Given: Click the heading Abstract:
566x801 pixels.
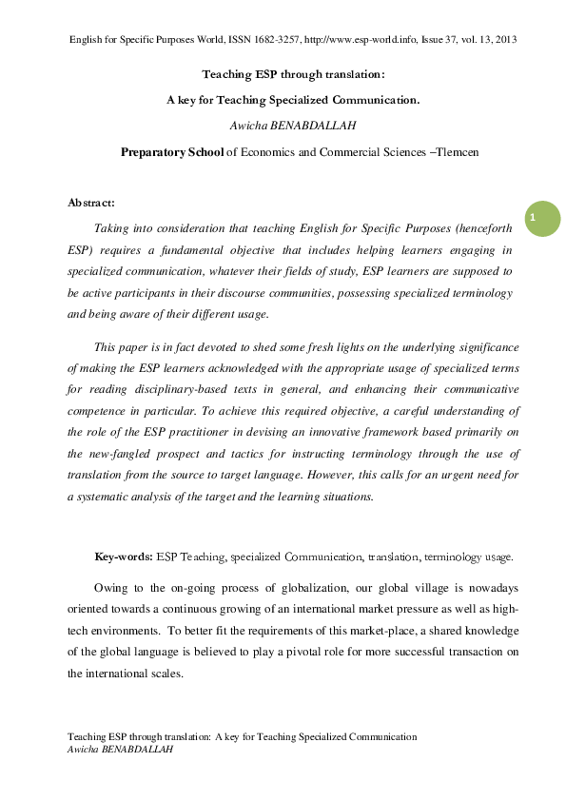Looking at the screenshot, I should click(91, 203).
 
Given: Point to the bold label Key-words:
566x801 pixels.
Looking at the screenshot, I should click(124, 557).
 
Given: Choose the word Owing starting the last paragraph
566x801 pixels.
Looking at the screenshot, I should click(112, 588).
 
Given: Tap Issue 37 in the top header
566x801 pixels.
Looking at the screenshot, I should click(442, 39).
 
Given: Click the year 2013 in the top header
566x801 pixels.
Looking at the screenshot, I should click(504, 39).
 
